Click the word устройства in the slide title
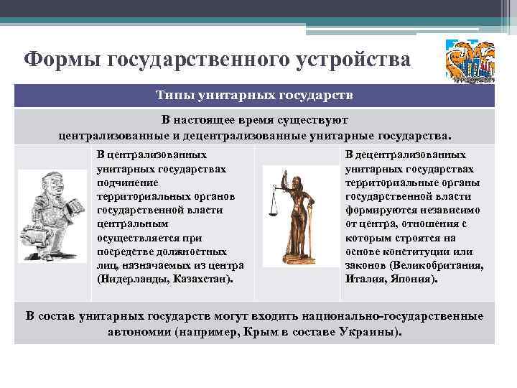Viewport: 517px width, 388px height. [x=353, y=59]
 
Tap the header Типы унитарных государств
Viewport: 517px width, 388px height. [x=255, y=96]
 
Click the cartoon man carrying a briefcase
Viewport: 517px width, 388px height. [x=50, y=216]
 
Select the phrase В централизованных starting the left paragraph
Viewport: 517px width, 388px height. [x=152, y=155]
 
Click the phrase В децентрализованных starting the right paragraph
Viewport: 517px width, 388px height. [x=406, y=155]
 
